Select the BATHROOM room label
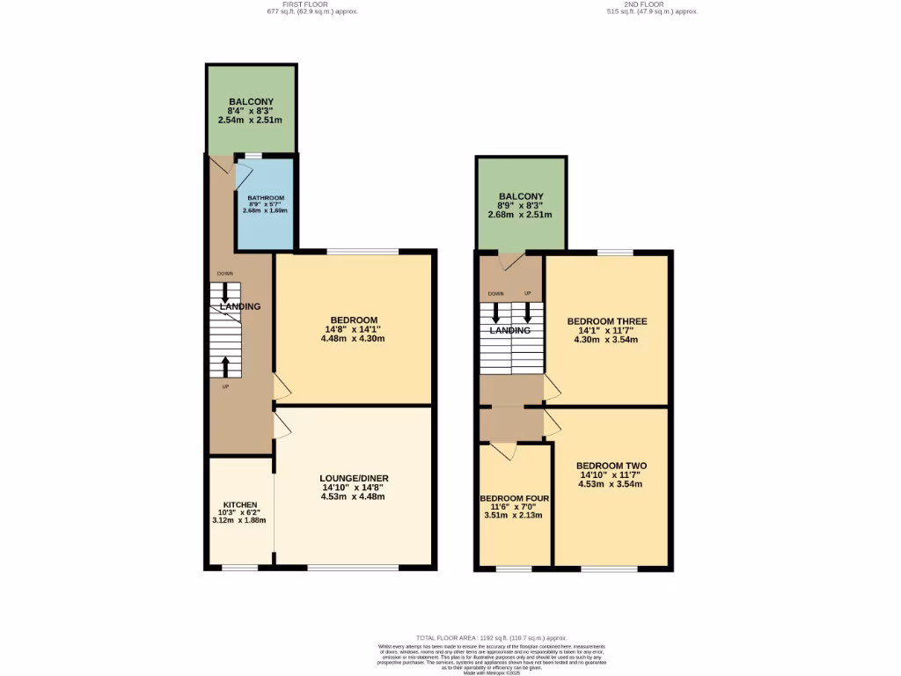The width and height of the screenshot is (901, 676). coord(267,198)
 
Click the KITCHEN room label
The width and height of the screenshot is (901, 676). coord(239,504)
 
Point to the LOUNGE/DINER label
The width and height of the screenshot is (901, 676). coord(352,478)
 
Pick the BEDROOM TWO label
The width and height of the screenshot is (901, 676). coord(610,466)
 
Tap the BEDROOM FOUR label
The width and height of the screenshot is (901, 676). coord(514,497)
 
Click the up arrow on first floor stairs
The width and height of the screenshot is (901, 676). coord(225,364)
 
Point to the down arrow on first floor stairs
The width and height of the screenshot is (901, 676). coord(225,290)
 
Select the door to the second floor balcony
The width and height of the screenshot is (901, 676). coord(509,261)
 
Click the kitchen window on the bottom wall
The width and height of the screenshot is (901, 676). coord(239,568)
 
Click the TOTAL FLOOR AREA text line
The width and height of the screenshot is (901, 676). coord(492,637)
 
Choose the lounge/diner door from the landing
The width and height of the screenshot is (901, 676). coord(281,426)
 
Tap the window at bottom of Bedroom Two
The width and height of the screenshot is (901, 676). coord(609,569)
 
